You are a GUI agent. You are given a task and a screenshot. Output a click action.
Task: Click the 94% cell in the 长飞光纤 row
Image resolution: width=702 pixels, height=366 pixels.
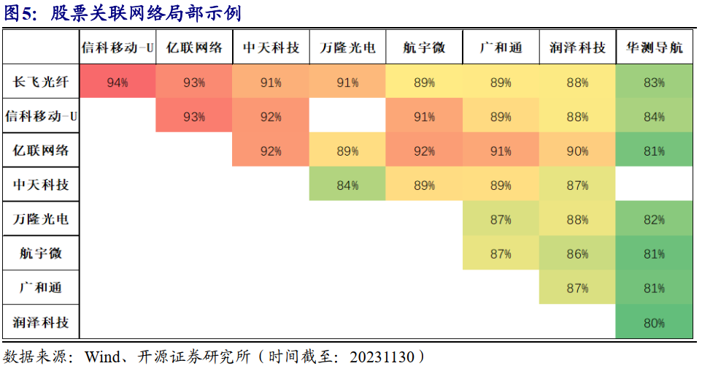point(117,83)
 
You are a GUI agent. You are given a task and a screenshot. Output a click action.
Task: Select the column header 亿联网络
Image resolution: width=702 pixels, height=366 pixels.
point(194,47)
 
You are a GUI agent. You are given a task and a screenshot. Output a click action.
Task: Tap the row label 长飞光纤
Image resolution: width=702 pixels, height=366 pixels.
point(41,82)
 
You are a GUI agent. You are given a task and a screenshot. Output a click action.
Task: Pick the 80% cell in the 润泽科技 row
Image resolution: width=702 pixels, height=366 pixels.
point(654,323)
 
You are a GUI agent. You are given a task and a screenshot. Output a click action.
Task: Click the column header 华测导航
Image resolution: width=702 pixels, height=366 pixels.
point(655,47)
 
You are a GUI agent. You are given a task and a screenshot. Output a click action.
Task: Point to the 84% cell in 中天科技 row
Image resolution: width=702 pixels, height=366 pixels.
point(347,186)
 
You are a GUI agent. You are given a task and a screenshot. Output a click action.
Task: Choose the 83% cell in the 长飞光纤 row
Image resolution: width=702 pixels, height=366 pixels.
point(654,83)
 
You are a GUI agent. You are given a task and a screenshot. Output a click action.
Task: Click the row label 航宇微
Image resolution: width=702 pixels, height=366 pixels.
point(41,253)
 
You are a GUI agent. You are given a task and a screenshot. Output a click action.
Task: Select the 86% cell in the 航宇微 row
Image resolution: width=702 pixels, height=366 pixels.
point(577,254)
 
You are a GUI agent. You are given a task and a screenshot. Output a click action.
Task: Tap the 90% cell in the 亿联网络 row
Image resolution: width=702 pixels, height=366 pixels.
point(577,151)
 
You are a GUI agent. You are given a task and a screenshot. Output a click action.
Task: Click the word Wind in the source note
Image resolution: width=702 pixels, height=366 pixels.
point(102,357)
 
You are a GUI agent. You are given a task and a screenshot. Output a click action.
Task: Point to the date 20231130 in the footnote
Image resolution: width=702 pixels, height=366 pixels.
point(382,357)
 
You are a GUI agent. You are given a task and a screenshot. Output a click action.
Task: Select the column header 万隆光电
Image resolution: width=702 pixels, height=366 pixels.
point(347,47)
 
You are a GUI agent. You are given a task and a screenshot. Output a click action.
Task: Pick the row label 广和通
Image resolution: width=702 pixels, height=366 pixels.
point(41,288)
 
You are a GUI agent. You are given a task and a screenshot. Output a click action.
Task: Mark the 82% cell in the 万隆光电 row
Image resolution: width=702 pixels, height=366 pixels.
point(654,220)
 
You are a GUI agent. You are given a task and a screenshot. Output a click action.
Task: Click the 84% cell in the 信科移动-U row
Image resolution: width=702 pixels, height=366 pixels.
point(654,117)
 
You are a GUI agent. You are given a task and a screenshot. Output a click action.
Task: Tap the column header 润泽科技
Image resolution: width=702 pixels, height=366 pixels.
point(577,47)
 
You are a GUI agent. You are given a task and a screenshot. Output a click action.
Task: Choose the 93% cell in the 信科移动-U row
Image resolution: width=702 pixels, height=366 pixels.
point(194,117)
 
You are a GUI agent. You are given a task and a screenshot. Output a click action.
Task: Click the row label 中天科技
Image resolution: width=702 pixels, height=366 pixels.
point(41,185)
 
